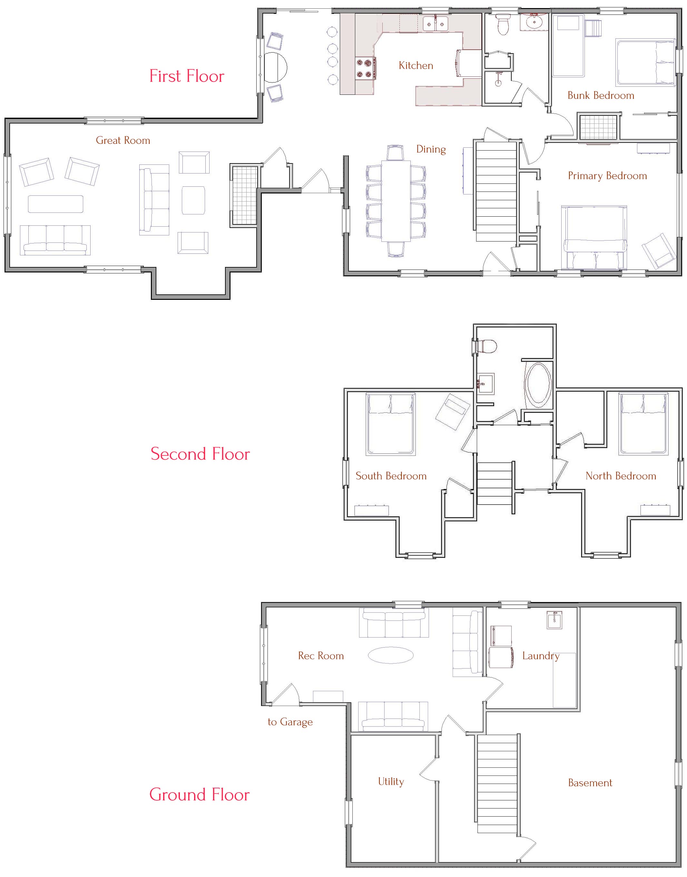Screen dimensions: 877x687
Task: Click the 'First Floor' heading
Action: click(x=187, y=76)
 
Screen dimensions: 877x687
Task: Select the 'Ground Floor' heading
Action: click(x=199, y=794)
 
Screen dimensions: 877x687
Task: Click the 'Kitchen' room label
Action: click(x=416, y=65)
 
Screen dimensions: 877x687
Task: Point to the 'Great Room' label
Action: click(x=123, y=140)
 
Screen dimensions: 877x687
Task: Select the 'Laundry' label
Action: click(x=541, y=656)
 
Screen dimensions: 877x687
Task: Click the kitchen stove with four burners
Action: click(x=365, y=68)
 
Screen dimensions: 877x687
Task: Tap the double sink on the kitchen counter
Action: click(x=435, y=24)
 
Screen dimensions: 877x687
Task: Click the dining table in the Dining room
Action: click(x=396, y=201)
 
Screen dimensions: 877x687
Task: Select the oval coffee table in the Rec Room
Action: click(x=390, y=655)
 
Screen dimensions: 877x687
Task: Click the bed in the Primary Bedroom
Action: click(x=594, y=237)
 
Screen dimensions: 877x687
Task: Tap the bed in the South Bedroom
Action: click(x=390, y=424)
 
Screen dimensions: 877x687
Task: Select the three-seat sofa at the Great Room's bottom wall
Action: click(x=55, y=240)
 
